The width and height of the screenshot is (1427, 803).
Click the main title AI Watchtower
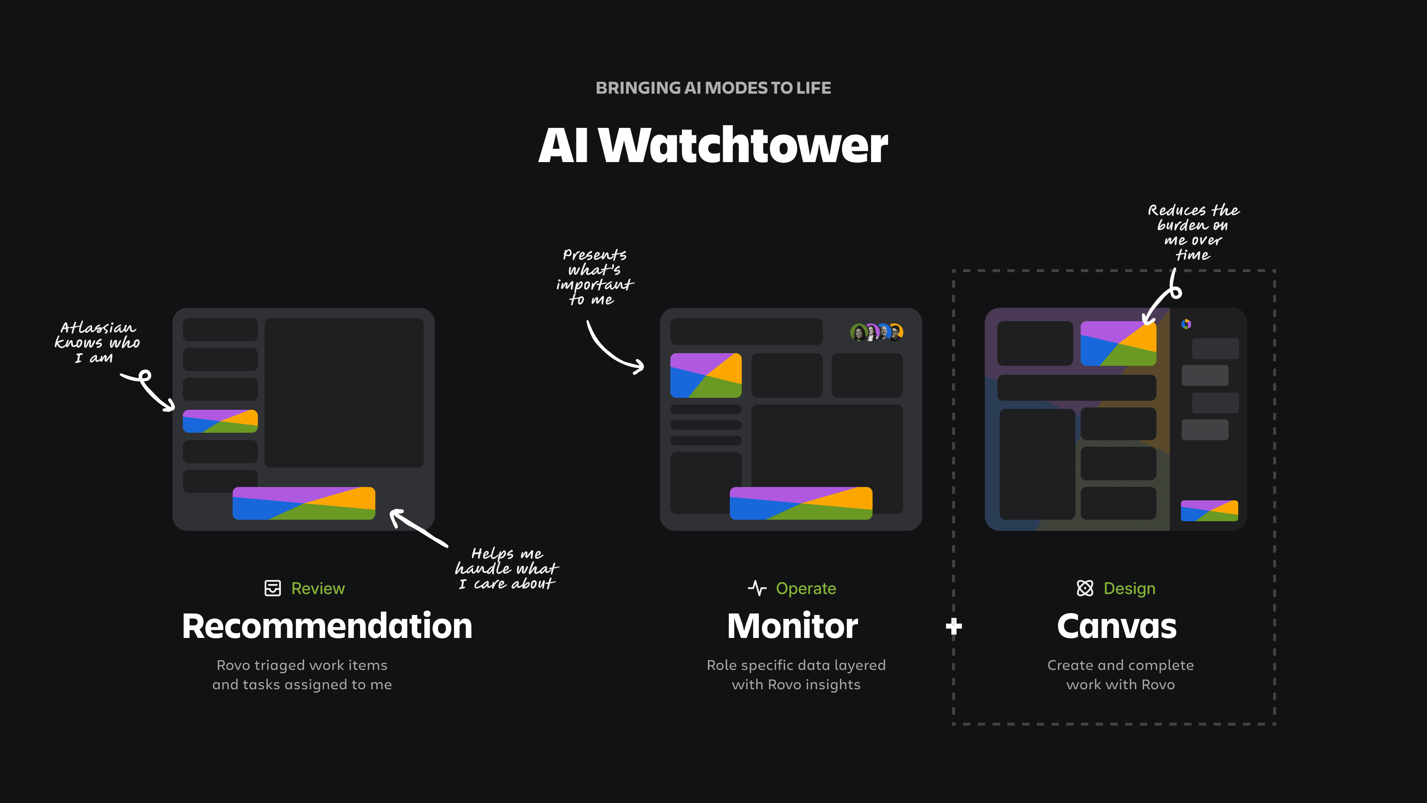[713, 145]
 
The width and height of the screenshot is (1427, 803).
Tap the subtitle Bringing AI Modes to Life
[713, 88]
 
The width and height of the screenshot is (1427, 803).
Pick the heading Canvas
[1117, 627]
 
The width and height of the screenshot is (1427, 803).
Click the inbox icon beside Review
[272, 588]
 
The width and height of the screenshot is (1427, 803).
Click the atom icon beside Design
[1085, 588]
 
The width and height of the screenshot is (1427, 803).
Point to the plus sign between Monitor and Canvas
[953, 627]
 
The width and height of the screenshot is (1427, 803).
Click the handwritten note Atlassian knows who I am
[97, 342]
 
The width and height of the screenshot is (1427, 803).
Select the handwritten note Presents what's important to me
[595, 277]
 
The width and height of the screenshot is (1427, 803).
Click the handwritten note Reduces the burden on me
[1193, 232]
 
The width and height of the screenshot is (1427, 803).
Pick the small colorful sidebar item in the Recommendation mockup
[220, 421]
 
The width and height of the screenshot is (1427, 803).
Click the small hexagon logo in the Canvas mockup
[1186, 324]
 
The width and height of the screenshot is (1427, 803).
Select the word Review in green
[318, 588]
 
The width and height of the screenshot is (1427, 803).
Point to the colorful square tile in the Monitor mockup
[706, 375]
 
